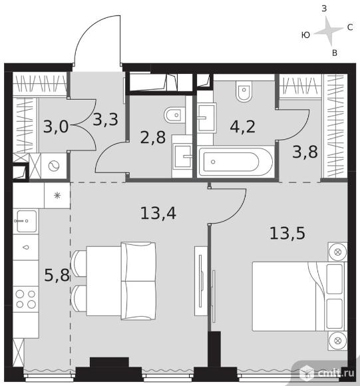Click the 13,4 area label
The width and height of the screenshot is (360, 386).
158,213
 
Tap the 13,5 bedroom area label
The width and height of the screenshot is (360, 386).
287,233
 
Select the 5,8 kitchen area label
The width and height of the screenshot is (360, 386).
57,275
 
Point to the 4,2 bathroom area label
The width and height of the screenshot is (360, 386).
243,126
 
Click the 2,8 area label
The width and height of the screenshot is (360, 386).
153,137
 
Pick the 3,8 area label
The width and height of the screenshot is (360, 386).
305,152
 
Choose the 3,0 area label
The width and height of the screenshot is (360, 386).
56,126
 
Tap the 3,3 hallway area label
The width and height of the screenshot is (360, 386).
106,120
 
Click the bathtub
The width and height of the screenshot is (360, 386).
236,162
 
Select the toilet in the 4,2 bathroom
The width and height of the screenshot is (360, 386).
244,91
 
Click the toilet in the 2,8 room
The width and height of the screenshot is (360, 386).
175,115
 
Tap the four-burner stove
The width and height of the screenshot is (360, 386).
25,299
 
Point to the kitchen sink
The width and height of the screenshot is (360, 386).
25,222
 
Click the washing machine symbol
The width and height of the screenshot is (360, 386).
54,166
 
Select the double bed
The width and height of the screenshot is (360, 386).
299,296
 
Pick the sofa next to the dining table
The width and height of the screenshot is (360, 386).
138,281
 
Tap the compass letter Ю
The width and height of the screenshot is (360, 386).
305,35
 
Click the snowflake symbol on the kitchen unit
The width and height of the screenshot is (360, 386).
57,196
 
